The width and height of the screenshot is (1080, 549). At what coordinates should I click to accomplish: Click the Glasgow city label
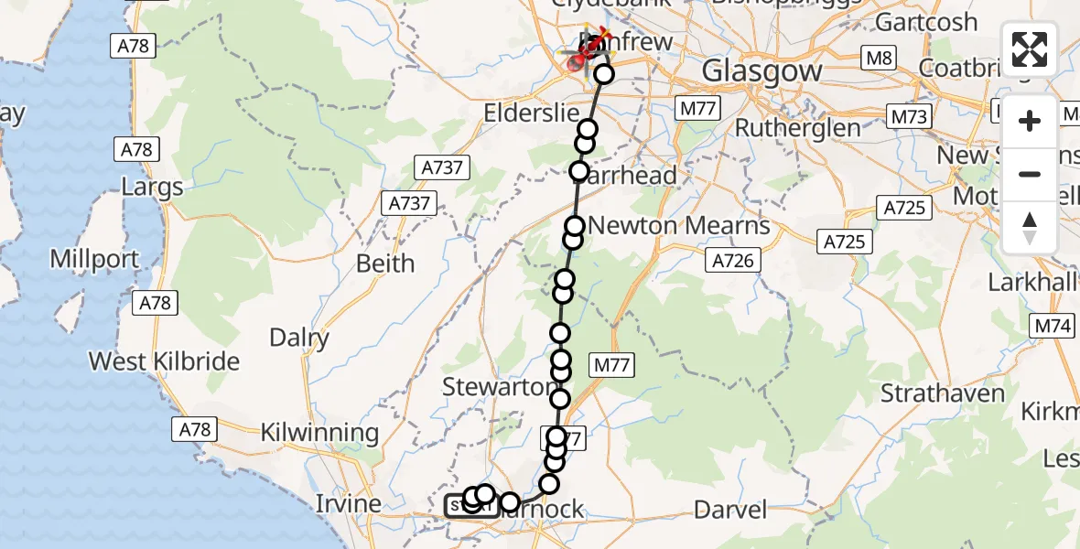point(749,70)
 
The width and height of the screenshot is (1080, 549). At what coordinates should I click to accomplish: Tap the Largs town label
point(152,188)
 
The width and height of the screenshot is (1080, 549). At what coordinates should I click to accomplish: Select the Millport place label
point(94,259)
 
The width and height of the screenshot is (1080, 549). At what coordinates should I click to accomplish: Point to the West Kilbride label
point(164,361)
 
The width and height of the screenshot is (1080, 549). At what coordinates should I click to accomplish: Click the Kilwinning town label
point(319,432)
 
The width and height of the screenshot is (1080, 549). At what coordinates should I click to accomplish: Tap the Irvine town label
point(348,503)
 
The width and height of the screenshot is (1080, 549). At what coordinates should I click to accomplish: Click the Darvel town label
point(730,509)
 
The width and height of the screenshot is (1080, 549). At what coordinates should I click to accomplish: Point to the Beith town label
point(384,264)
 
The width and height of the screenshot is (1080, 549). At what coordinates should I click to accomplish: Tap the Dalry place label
point(299,338)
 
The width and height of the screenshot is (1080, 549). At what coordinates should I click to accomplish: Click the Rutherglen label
point(797,127)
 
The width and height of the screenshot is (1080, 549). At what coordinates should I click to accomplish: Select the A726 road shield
point(733,262)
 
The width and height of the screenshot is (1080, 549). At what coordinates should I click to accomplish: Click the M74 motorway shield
point(1053,325)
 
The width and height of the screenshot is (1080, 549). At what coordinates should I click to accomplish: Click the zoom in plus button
point(1030,121)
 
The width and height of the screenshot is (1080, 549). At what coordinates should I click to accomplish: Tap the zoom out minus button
point(1030,174)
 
